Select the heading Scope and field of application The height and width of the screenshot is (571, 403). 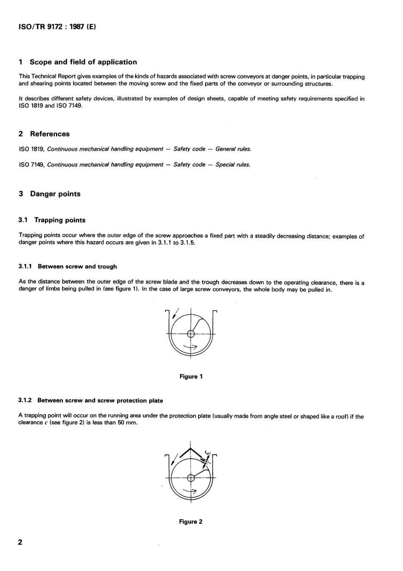[83, 62]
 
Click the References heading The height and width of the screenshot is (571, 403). [50, 134]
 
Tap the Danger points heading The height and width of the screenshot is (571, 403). [55, 194]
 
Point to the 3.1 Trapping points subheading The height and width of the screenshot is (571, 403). [59, 220]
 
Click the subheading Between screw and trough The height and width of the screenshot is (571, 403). [77, 267]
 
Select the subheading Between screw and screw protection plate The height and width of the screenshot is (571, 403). [100, 400]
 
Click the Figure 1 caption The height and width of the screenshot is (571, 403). [191, 377]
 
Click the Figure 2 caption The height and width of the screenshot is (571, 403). [191, 522]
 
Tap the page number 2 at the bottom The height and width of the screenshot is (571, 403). [20, 542]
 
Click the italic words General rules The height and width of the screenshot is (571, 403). [233, 149]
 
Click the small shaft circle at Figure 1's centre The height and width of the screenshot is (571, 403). [191, 334]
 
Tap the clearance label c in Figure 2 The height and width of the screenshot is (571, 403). [207, 452]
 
